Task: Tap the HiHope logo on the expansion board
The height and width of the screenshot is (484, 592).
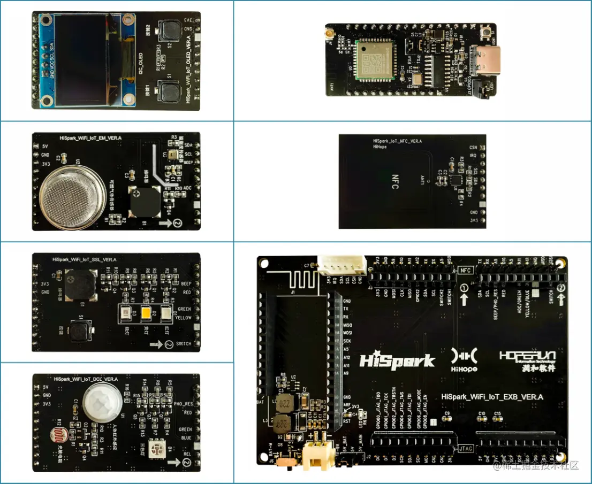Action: tap(464, 359)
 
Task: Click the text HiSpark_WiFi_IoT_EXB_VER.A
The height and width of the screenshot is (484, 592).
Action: tap(492, 397)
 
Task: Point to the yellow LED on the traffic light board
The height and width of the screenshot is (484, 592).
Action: tap(146, 314)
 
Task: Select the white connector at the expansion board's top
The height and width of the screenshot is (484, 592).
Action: tap(343, 264)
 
